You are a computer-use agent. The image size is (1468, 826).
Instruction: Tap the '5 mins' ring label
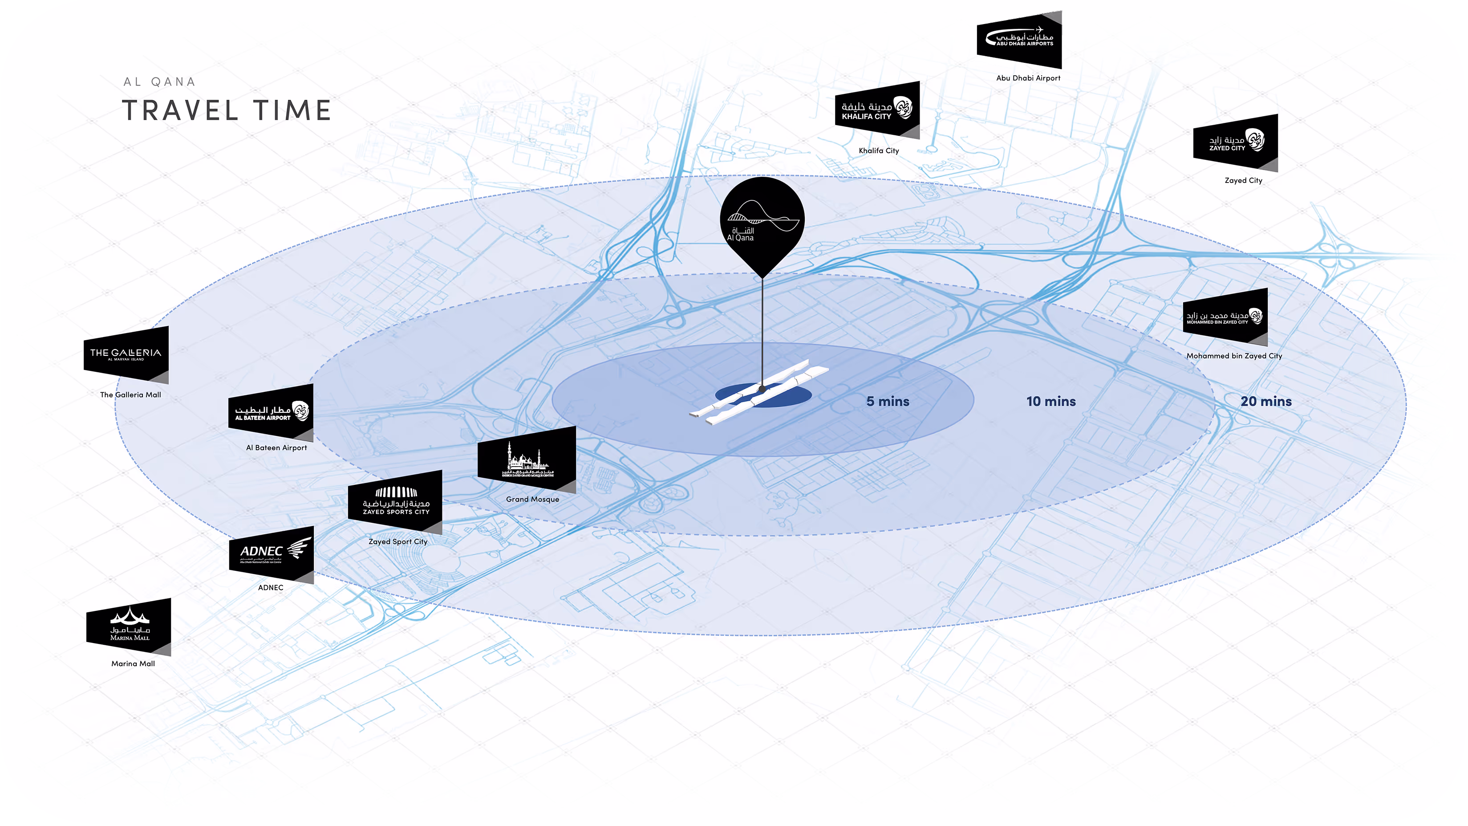[x=887, y=401]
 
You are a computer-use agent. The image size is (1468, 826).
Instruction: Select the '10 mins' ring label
[x=1051, y=401]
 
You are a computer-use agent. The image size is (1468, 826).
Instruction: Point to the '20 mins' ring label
[x=1266, y=401]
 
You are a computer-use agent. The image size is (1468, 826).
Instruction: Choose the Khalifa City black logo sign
[x=877, y=110]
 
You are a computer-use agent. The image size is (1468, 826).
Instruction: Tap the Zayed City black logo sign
[x=1236, y=142]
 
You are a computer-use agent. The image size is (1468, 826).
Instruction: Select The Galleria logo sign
[x=126, y=354]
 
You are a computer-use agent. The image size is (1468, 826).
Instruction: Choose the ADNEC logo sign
[x=271, y=553]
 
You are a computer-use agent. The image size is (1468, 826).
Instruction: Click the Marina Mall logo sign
[x=129, y=627]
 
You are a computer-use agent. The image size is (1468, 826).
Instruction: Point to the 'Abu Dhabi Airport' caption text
[x=1028, y=78]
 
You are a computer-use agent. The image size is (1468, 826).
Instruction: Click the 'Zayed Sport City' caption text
[x=398, y=541]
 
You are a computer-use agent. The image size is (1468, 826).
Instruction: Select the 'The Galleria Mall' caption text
[x=130, y=395]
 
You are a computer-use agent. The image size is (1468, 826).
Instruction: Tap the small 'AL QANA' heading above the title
[x=159, y=82]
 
